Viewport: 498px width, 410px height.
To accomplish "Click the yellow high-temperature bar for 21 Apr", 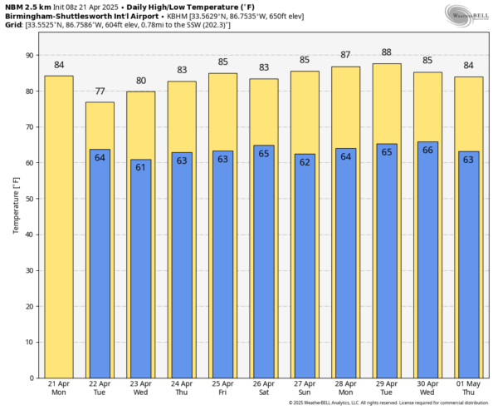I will [x=58, y=225].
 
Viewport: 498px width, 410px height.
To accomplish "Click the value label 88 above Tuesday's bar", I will [x=387, y=52].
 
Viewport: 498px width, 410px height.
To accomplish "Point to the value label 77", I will [x=100, y=91].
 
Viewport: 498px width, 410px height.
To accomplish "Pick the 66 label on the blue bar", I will [x=427, y=151].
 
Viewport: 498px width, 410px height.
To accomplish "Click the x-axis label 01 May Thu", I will [x=468, y=388].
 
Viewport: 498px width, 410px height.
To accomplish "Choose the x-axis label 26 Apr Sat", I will [x=263, y=388].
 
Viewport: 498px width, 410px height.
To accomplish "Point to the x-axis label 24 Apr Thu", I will [x=182, y=388].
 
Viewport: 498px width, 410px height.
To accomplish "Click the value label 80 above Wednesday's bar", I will [x=141, y=81].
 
